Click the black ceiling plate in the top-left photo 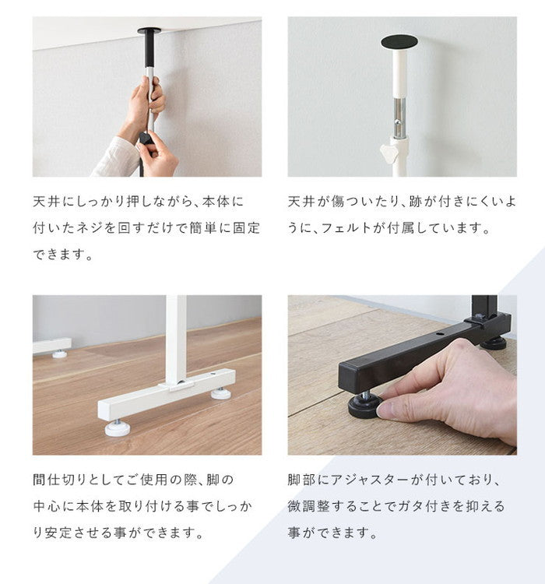[x=149, y=31]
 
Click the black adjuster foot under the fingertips [x=364, y=406]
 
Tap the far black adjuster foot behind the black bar [x=493, y=342]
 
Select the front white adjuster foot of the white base [x=118, y=427]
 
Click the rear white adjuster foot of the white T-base [x=220, y=392]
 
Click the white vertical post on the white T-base [x=176, y=335]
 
